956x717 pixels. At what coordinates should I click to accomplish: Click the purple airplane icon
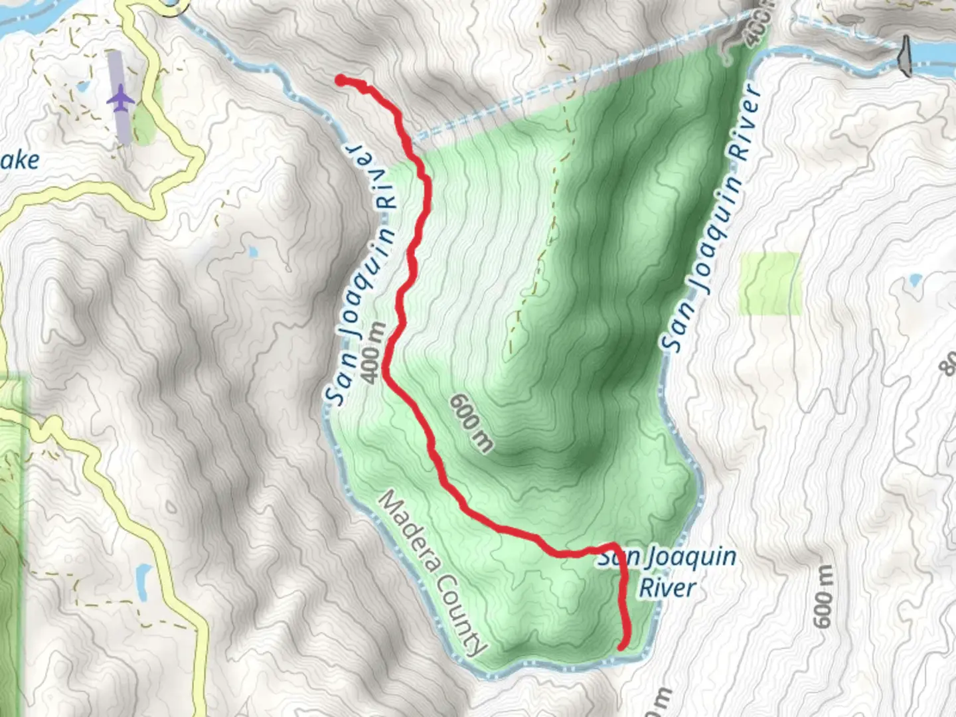(x=120, y=99)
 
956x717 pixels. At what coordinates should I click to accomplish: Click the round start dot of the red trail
(x=341, y=80)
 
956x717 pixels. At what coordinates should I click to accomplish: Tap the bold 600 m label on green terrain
(x=472, y=423)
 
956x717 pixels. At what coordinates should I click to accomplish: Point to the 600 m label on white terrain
(x=823, y=596)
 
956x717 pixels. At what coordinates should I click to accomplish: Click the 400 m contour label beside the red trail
(x=374, y=353)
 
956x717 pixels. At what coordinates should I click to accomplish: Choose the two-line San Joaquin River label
(x=667, y=572)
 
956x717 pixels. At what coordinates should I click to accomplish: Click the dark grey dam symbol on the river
(x=905, y=56)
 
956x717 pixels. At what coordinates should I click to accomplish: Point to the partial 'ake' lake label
(x=20, y=160)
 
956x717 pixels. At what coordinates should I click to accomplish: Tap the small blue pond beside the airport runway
(x=82, y=86)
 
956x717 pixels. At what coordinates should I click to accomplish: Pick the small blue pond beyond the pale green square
(x=916, y=280)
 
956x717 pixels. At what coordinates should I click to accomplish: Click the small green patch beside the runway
(x=143, y=127)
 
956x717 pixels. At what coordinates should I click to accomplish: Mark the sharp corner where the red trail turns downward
(x=616, y=546)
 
